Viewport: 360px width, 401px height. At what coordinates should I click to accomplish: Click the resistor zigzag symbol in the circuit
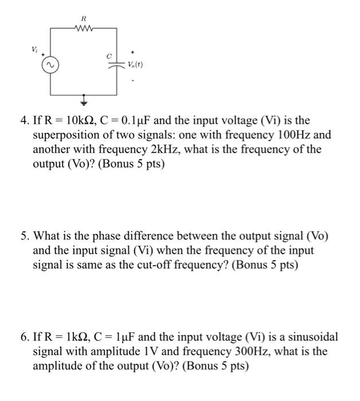(83, 26)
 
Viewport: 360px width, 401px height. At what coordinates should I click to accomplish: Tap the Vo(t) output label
(135, 65)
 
